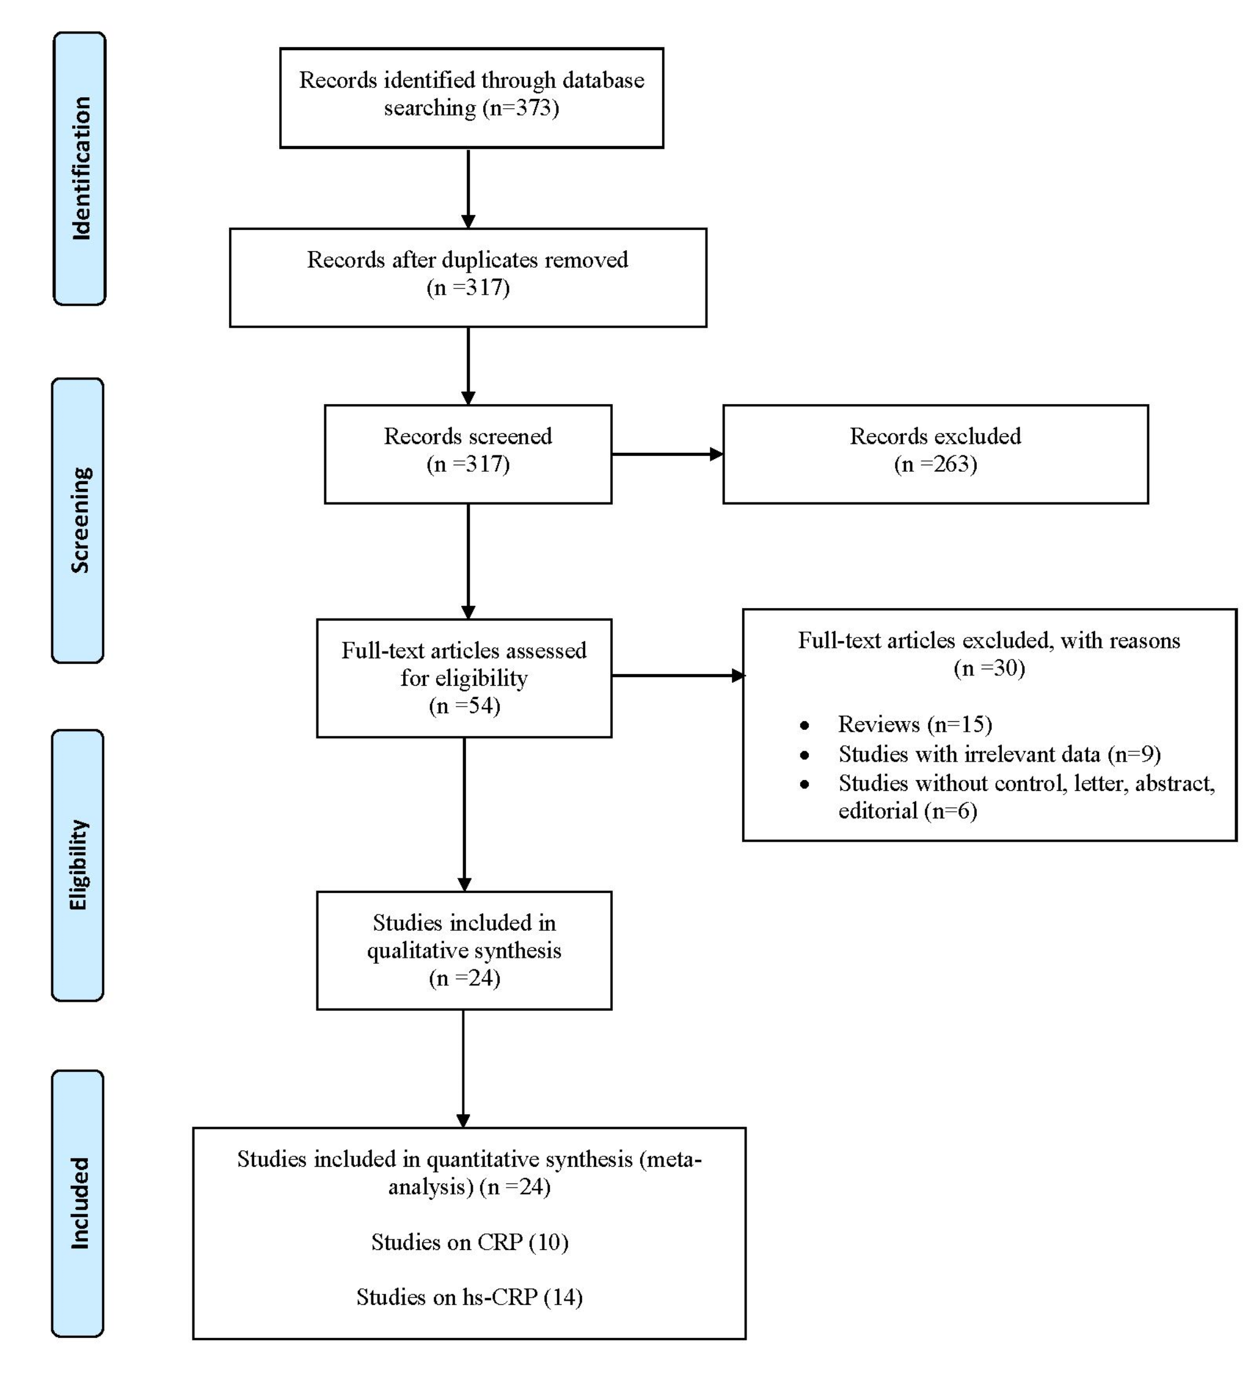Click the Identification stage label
coord(79,168)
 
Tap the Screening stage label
coord(78,520)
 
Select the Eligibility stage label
coord(78,865)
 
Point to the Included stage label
coord(78,1203)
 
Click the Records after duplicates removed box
coord(468,277)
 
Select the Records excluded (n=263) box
coord(935,454)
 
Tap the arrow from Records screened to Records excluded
coord(666,454)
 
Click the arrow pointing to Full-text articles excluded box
coord(676,675)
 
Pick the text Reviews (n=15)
coord(915,724)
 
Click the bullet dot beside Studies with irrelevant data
coord(804,755)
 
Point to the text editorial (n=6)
coord(907,811)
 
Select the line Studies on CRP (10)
coord(470,1241)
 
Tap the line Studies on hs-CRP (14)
coord(470,1296)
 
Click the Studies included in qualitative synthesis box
coord(464,950)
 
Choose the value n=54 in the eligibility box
coord(464,705)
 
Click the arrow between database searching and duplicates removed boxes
coord(468,188)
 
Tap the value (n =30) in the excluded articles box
coord(989,668)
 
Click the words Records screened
coord(468,436)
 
